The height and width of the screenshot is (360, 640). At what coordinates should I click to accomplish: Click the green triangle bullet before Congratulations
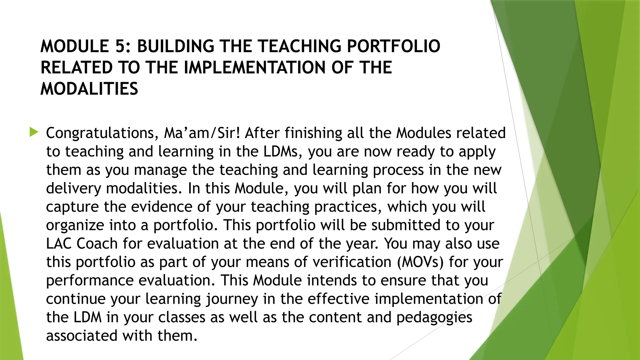(34, 132)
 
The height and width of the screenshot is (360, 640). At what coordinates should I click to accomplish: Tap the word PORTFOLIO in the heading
(393, 46)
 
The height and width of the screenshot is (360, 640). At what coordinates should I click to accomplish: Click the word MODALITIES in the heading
(89, 89)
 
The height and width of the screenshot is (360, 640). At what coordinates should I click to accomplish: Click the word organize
(75, 225)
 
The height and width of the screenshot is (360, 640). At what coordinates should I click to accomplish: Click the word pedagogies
(434, 317)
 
